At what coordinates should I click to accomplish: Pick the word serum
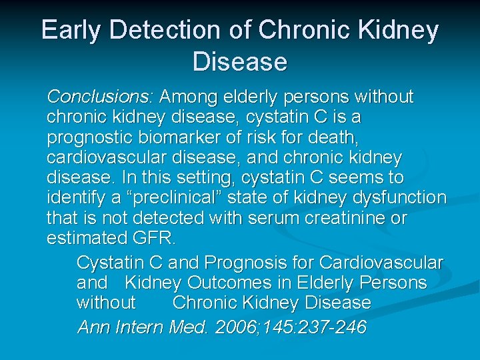coord(257,219)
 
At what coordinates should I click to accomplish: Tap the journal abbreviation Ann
coord(94,327)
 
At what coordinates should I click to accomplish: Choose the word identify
coord(78,198)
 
